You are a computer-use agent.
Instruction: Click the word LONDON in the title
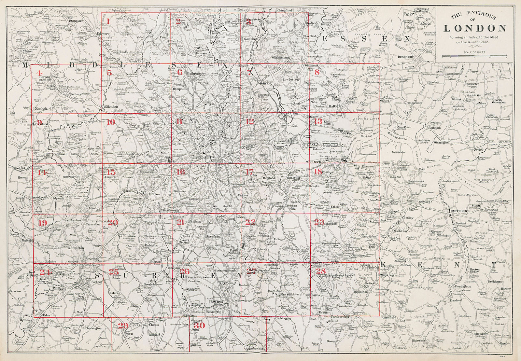tap(475, 28)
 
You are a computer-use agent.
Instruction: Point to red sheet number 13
tap(318, 121)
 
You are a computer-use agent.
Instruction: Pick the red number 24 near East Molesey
tap(45, 272)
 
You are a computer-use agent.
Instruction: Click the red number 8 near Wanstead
tap(317, 72)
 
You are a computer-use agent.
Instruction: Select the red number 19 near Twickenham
tap(43, 223)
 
